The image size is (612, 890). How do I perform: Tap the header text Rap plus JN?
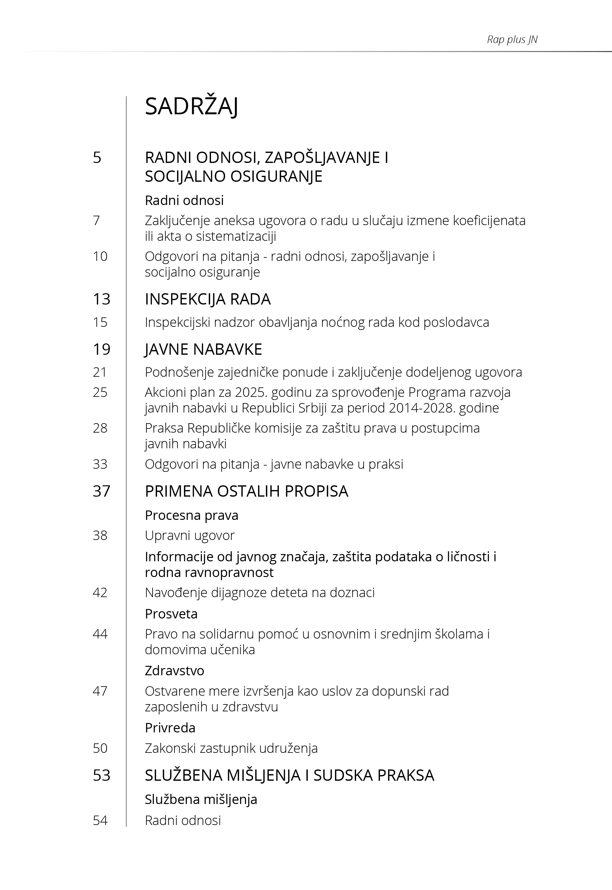pos(512,40)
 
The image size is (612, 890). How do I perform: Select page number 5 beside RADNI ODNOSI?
pos(97,158)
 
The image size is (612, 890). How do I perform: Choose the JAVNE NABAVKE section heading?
pos(203,349)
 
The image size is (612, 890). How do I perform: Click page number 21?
pos(100,372)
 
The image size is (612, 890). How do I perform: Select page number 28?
pos(100,428)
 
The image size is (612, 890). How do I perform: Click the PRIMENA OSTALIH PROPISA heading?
pos(246,491)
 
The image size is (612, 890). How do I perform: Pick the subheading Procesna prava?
pos(191,515)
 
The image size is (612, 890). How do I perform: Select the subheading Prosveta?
pos(171,614)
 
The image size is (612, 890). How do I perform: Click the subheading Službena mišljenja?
pos(201,799)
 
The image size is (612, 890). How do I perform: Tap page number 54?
pos(100,820)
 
